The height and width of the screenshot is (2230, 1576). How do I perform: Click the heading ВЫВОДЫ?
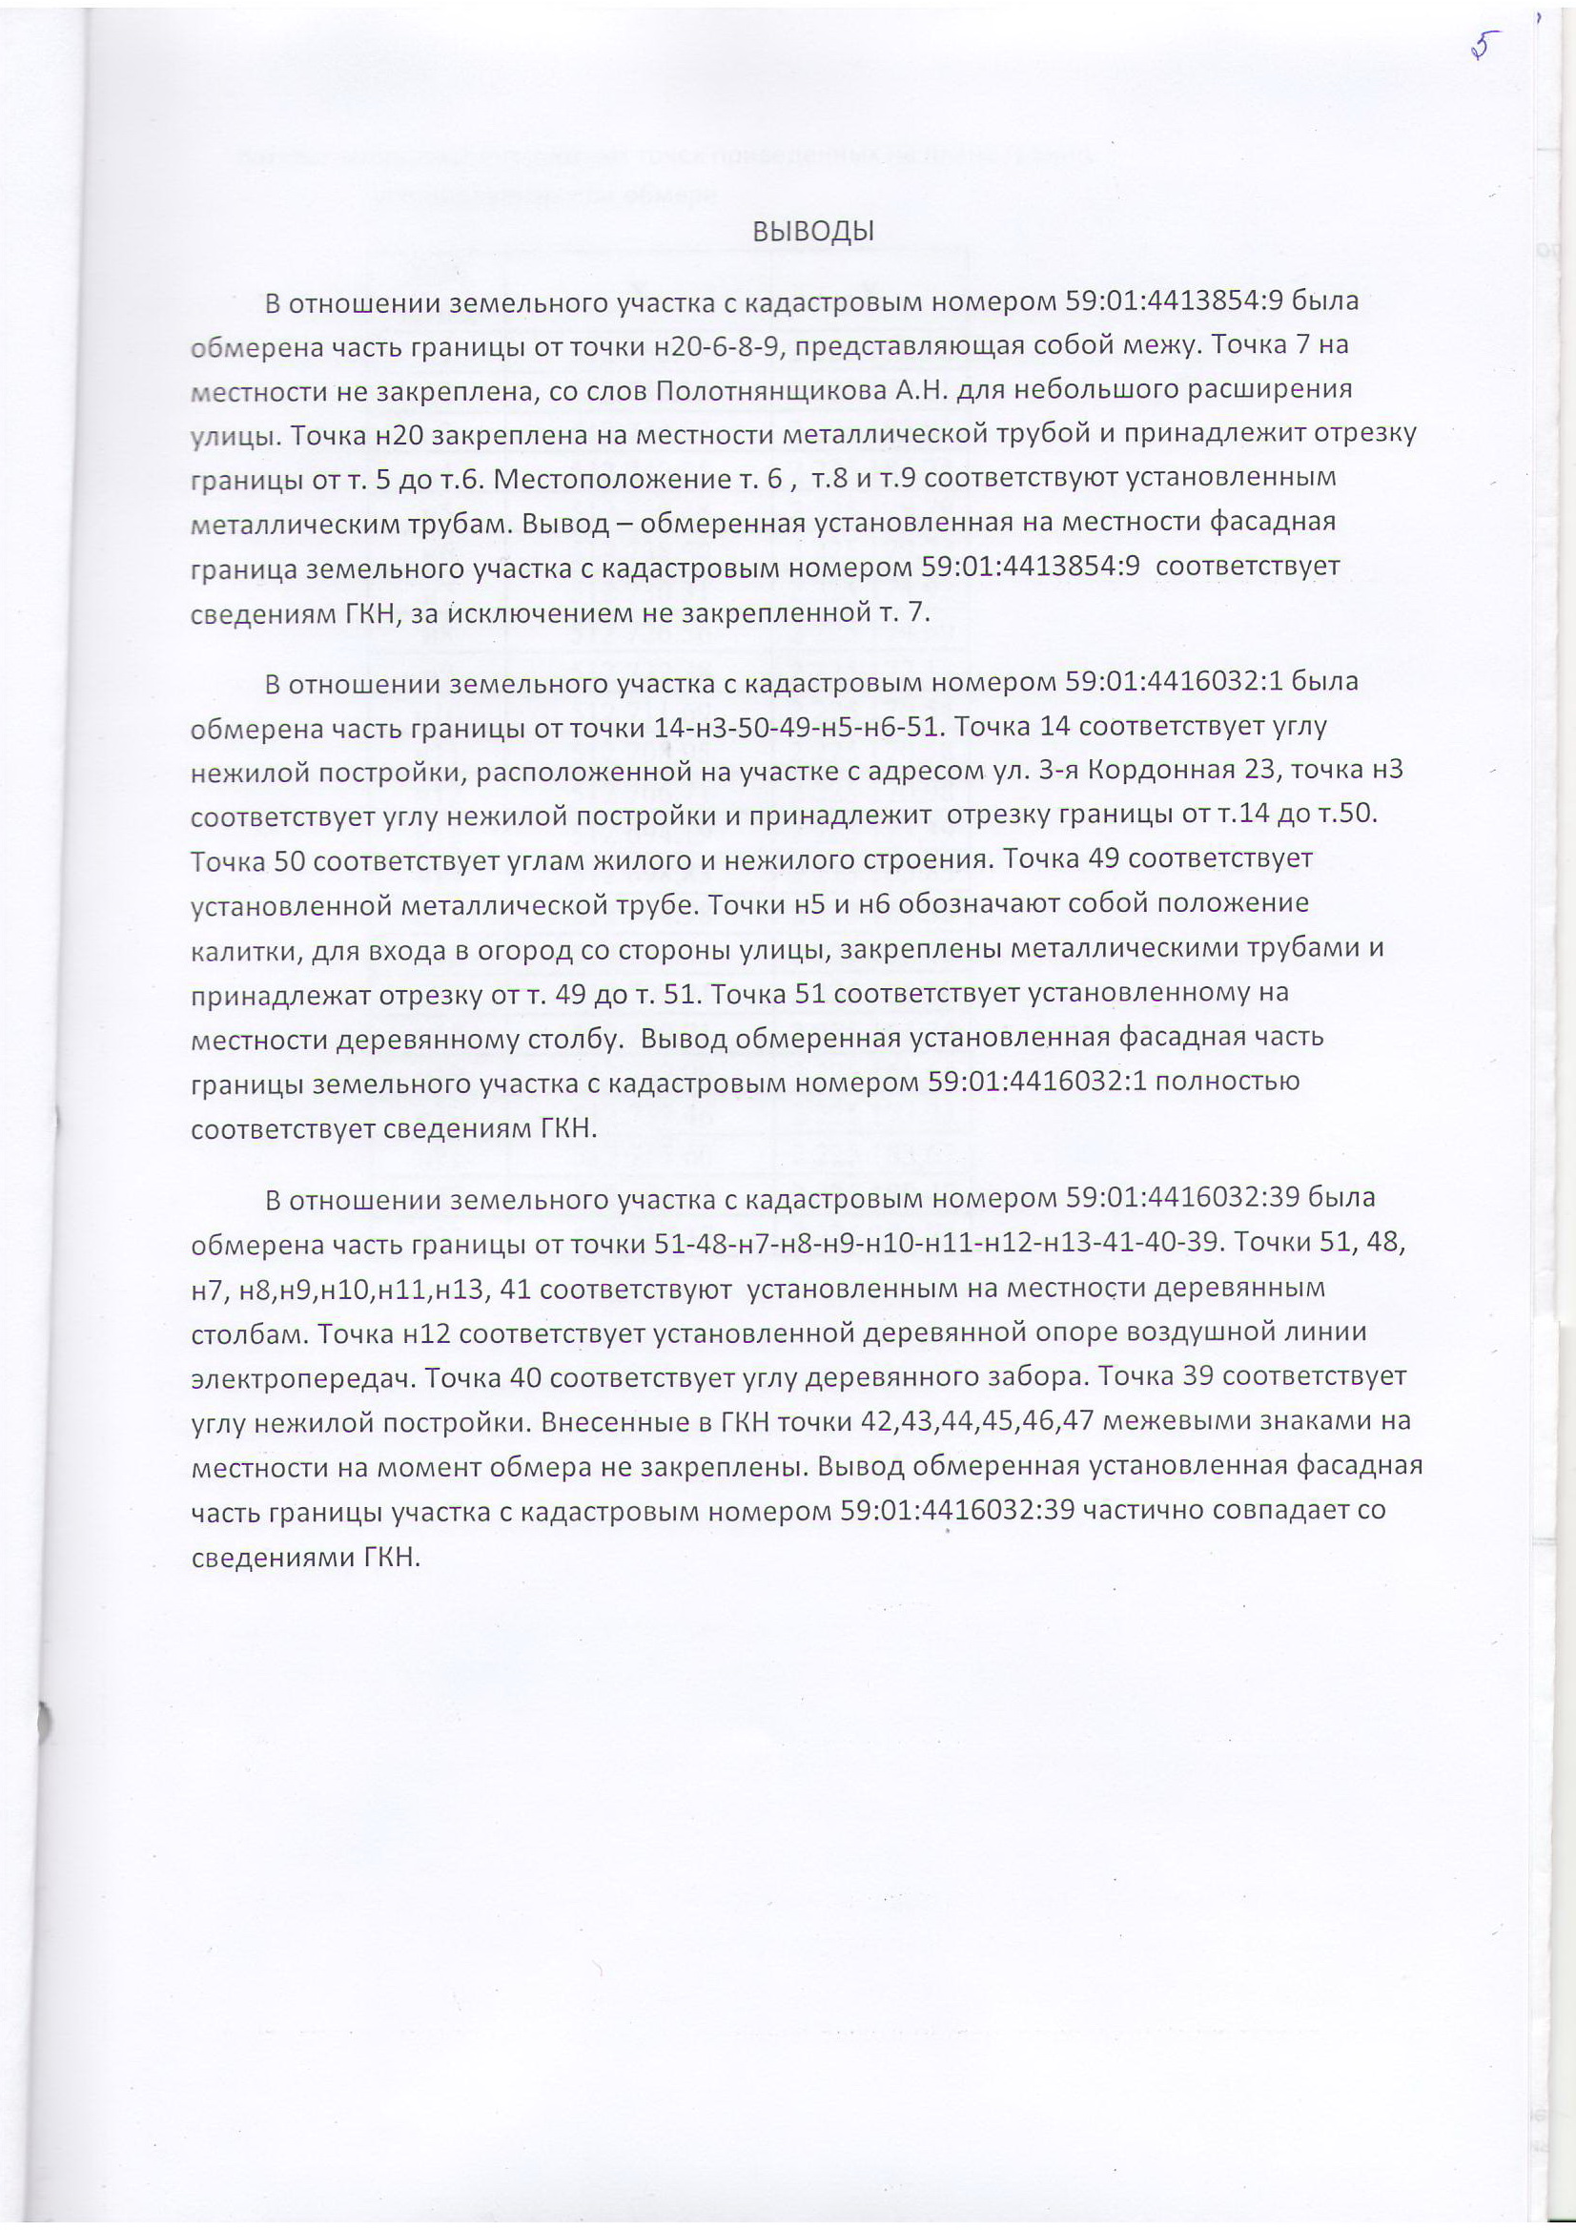[813, 232]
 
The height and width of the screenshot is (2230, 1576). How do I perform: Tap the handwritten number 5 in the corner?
[1483, 47]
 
